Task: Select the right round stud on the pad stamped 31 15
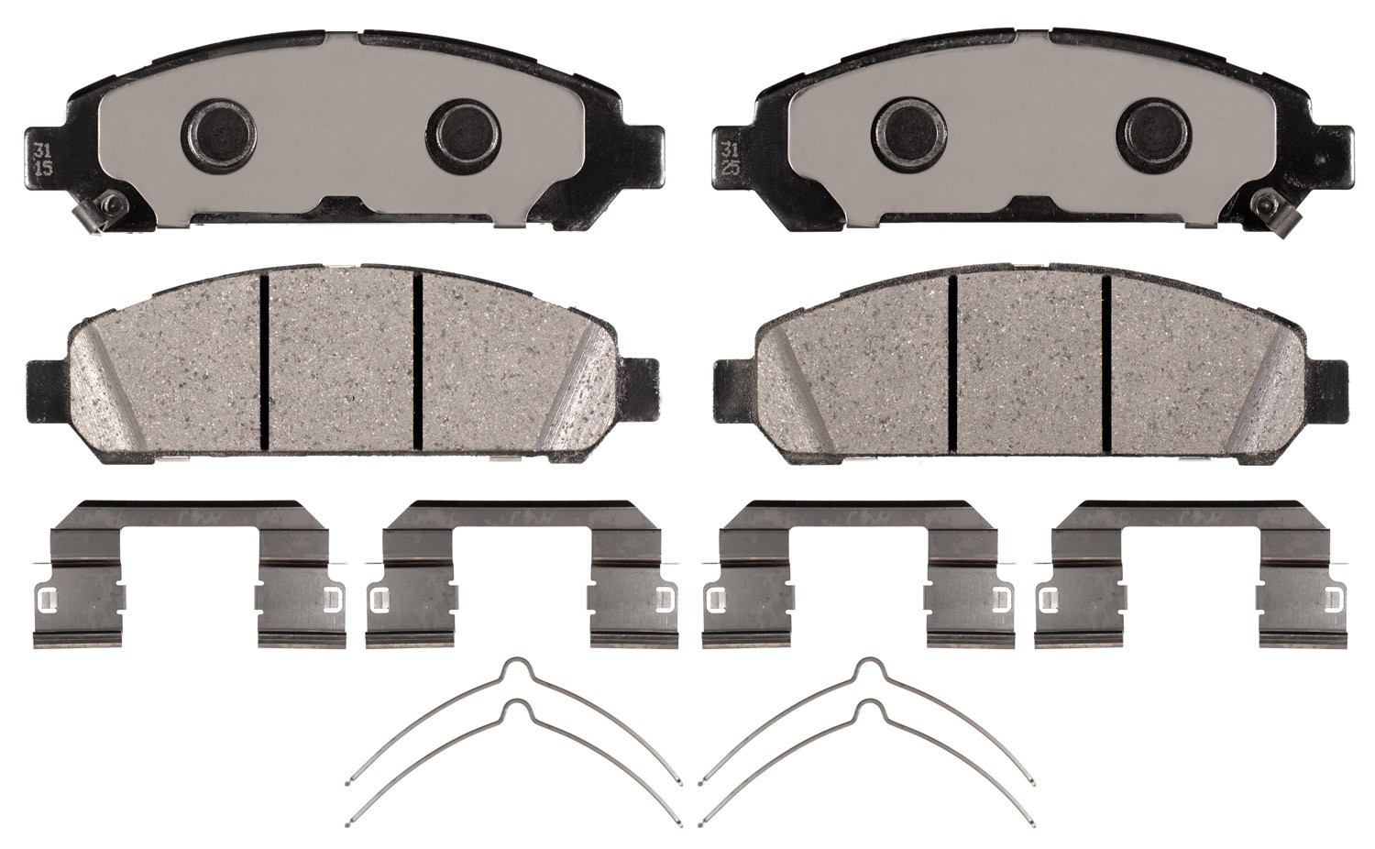click(x=464, y=134)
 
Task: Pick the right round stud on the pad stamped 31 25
click(x=1152, y=134)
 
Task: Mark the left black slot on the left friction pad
click(x=265, y=363)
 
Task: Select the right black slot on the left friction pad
click(x=418, y=363)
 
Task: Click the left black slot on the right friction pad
click(x=954, y=363)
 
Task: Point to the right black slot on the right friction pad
click(x=1106, y=363)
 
